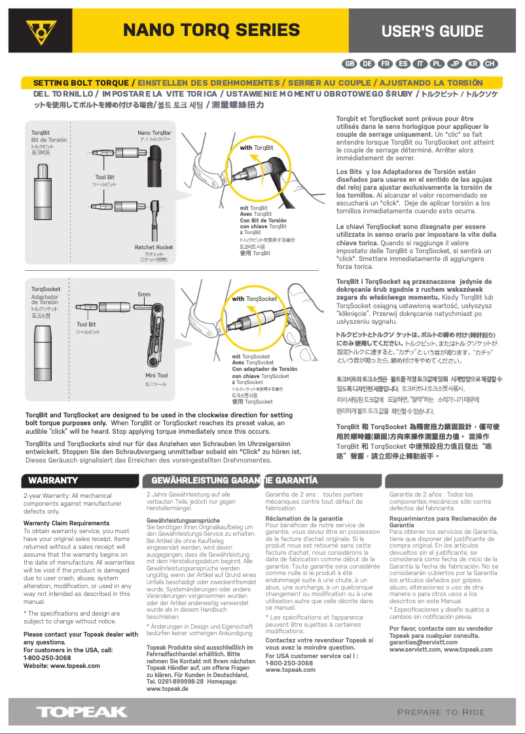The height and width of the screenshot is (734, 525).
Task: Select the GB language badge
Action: (x=350, y=63)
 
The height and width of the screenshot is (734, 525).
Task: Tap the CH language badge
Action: (x=490, y=63)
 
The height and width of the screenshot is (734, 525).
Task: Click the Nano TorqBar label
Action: (x=154, y=133)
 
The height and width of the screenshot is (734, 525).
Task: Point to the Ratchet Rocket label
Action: (x=154, y=247)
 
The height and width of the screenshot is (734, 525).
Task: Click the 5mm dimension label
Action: (x=144, y=294)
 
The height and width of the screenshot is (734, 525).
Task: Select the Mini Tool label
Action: (x=156, y=376)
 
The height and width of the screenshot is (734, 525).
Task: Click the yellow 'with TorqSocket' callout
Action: (x=255, y=299)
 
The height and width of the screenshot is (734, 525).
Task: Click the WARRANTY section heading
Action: (x=53, y=481)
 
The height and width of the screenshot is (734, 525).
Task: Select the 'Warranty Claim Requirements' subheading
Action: (x=66, y=523)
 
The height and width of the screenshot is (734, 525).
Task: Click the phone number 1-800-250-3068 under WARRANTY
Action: (x=47, y=658)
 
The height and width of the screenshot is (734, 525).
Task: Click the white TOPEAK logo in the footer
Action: (x=81, y=712)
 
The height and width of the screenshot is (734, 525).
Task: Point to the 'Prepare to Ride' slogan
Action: (x=441, y=712)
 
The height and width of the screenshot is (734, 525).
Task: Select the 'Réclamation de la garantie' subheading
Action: (x=304, y=518)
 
